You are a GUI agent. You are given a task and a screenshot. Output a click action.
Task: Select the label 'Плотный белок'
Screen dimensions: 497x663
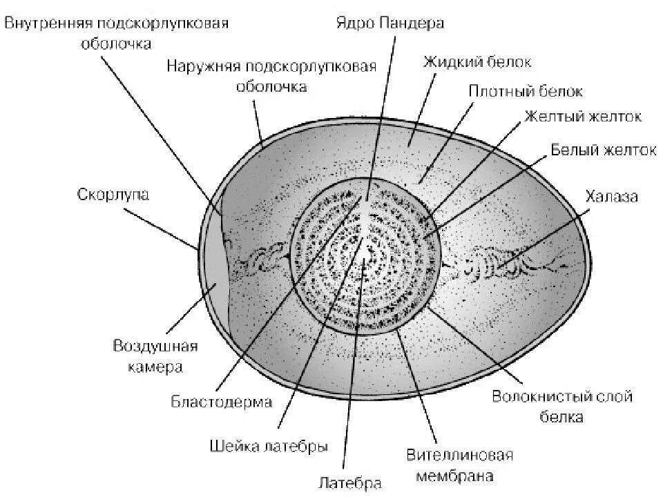click(x=526, y=91)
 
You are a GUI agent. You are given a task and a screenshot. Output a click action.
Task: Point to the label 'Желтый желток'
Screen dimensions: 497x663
click(x=582, y=117)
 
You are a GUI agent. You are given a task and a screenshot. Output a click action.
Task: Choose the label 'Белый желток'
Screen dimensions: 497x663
click(x=602, y=150)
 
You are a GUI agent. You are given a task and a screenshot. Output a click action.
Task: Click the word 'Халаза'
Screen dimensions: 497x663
click(x=611, y=197)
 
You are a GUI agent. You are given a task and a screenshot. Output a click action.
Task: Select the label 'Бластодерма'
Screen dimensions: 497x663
click(x=222, y=402)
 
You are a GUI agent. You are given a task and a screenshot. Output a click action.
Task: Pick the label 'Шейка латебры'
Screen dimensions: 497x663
click(x=268, y=446)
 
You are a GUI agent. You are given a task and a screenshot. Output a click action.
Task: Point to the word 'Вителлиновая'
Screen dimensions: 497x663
click(x=459, y=456)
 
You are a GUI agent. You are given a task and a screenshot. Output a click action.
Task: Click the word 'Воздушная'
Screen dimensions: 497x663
click(x=155, y=346)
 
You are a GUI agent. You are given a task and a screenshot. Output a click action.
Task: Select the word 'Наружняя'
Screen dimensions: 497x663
click(x=199, y=66)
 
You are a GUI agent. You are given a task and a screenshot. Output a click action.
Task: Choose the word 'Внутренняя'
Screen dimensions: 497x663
click(x=48, y=23)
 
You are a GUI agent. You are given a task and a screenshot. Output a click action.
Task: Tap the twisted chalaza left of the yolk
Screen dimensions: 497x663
click(x=262, y=260)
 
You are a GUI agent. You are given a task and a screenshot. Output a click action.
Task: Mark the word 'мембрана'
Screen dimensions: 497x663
click(x=459, y=476)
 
